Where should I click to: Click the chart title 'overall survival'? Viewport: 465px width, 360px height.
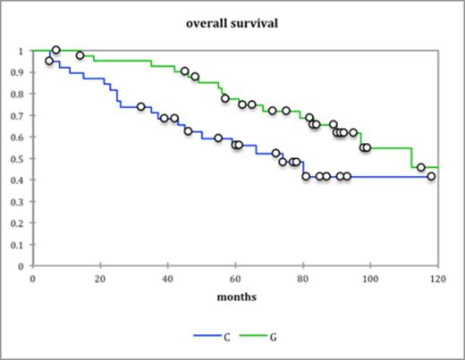point(232,24)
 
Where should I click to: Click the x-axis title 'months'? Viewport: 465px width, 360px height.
point(232,296)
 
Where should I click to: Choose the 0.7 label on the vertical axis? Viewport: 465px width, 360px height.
point(20,115)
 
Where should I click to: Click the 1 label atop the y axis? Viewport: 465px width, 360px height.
point(23,51)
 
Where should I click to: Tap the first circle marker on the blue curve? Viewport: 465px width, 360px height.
point(49,61)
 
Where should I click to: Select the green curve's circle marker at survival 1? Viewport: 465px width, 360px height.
point(56,50)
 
